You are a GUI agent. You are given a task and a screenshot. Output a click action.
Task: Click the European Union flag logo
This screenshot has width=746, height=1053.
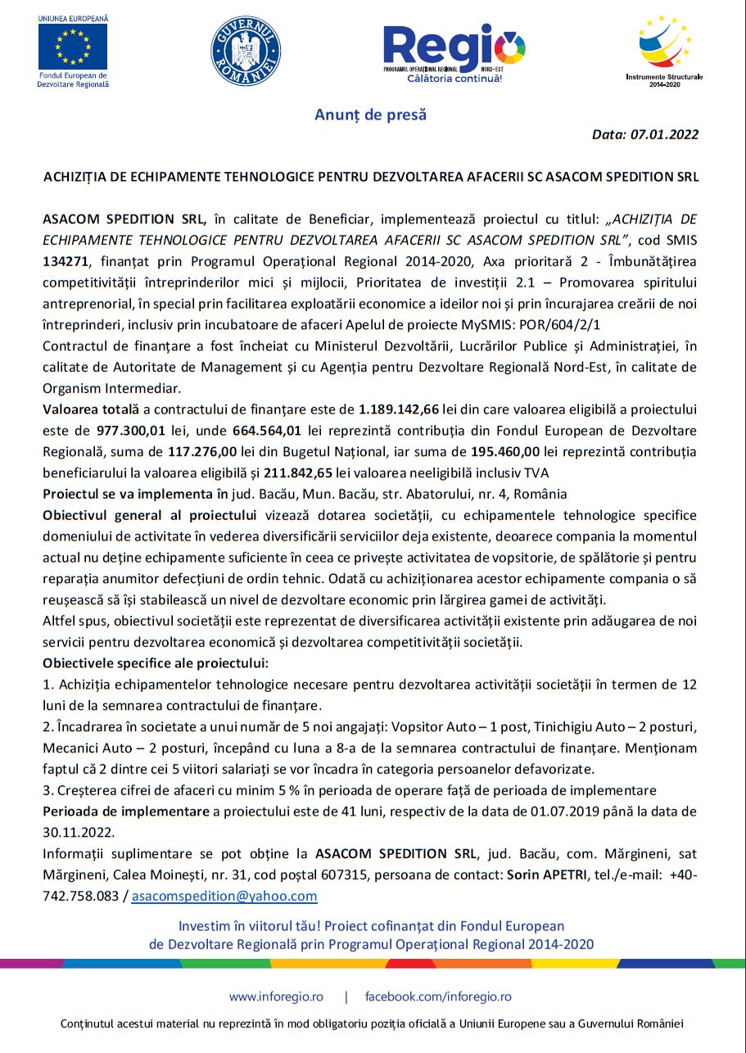pyautogui.click(x=73, y=46)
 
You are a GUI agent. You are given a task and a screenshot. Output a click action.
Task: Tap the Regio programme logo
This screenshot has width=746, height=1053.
pyautogui.click(x=454, y=51)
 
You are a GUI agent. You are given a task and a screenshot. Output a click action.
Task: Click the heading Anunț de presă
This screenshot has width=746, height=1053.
pyautogui.click(x=371, y=115)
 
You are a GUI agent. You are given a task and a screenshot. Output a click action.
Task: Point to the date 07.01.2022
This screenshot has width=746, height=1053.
pyautogui.click(x=664, y=134)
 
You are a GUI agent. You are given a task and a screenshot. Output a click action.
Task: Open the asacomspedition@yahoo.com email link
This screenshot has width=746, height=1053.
pyautogui.click(x=224, y=897)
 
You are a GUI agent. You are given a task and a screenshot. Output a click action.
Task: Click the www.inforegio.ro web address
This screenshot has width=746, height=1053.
pyautogui.click(x=276, y=997)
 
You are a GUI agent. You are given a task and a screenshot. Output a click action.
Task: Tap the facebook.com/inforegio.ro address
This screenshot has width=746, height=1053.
pyautogui.click(x=438, y=997)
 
